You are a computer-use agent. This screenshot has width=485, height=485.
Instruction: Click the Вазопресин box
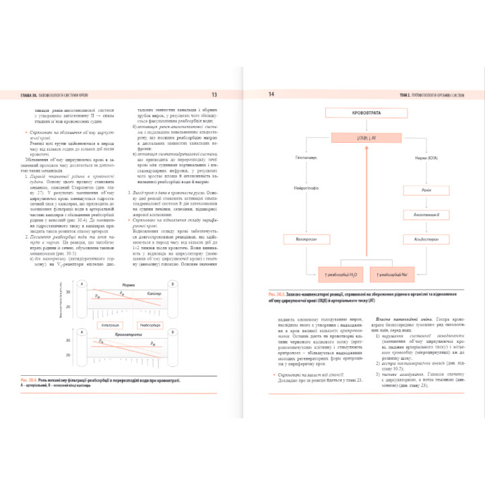306,238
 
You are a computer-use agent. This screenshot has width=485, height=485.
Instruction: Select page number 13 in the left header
214,94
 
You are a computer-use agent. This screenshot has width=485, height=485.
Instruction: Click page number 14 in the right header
271,94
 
